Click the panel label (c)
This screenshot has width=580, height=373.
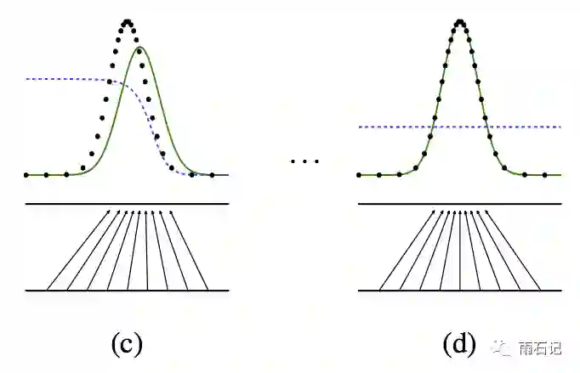click(x=127, y=343)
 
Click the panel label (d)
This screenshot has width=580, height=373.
click(x=459, y=343)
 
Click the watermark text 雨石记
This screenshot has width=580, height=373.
click(x=540, y=348)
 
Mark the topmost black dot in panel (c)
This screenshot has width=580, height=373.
click(x=127, y=21)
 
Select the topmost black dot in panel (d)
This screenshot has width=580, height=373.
click(x=460, y=21)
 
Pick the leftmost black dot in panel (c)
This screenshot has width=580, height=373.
click(x=27, y=174)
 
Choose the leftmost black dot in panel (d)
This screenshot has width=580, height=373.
click(x=360, y=174)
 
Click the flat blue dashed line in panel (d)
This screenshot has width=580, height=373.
click(x=527, y=127)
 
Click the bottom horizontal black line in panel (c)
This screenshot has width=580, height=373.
click(x=127, y=291)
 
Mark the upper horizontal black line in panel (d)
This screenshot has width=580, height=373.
click(x=460, y=204)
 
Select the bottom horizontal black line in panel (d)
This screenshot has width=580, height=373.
click(x=460, y=291)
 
